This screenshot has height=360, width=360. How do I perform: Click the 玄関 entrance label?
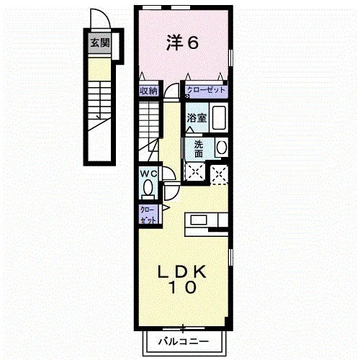(100, 43)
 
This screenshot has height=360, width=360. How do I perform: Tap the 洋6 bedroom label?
(183, 43)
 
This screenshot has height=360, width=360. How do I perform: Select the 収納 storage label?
(149, 91)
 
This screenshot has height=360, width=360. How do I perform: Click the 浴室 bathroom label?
(197, 118)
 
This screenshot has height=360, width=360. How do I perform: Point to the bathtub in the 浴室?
(219, 118)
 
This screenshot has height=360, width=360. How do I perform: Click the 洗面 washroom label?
(199, 149)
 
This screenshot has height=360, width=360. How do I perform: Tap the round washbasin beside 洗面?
(222, 147)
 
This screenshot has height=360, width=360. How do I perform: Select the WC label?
(149, 174)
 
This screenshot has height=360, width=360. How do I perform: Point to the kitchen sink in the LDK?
(199, 220)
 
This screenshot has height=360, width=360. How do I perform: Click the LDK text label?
(181, 271)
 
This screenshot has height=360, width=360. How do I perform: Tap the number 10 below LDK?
(183, 287)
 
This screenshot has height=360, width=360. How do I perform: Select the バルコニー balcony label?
(184, 341)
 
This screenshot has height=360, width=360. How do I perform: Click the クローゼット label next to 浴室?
(206, 90)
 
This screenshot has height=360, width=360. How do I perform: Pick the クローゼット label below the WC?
(148, 215)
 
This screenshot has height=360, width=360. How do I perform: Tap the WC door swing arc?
(172, 171)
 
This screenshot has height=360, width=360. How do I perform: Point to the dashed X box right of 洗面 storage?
(219, 175)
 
